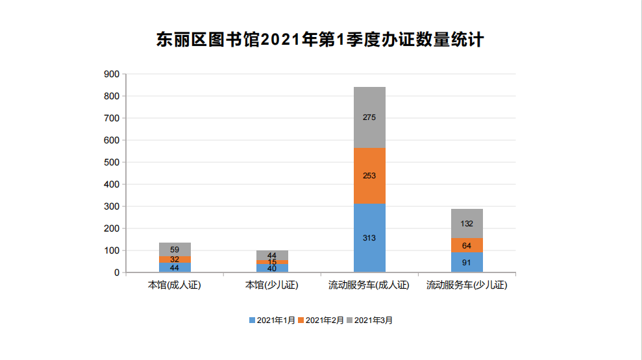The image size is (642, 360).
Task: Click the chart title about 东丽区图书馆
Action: pyautogui.click(x=320, y=40)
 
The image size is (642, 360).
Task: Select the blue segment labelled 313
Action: pyautogui.click(x=369, y=238)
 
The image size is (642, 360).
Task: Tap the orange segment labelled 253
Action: pyautogui.click(x=369, y=176)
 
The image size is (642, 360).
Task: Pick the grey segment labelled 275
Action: pyautogui.click(x=369, y=117)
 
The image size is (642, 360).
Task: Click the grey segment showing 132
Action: pyautogui.click(x=467, y=224)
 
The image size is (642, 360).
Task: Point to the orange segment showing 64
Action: pyautogui.click(x=467, y=246)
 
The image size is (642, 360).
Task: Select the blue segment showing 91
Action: pyautogui.click(x=467, y=263)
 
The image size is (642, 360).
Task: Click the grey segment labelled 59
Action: pyautogui.click(x=175, y=249)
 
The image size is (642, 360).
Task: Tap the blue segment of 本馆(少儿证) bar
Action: pyautogui.click(x=272, y=269)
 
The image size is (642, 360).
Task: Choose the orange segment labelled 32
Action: pyautogui.click(x=175, y=259)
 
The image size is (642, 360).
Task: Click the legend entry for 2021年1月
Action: pyautogui.click(x=272, y=320)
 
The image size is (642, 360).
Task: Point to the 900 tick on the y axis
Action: pyautogui.click(x=112, y=74)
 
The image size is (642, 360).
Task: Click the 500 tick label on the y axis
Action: pyautogui.click(x=112, y=162)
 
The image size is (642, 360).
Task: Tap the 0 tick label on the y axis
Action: pyautogui.click(x=117, y=272)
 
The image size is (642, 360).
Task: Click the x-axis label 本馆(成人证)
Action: pyautogui.click(x=175, y=285)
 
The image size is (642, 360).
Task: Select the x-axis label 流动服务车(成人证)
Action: pyautogui.click(x=369, y=285)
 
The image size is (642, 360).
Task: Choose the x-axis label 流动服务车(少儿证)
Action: pyautogui.click(x=467, y=285)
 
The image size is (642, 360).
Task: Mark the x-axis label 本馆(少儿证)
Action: pyautogui.click(x=272, y=285)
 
